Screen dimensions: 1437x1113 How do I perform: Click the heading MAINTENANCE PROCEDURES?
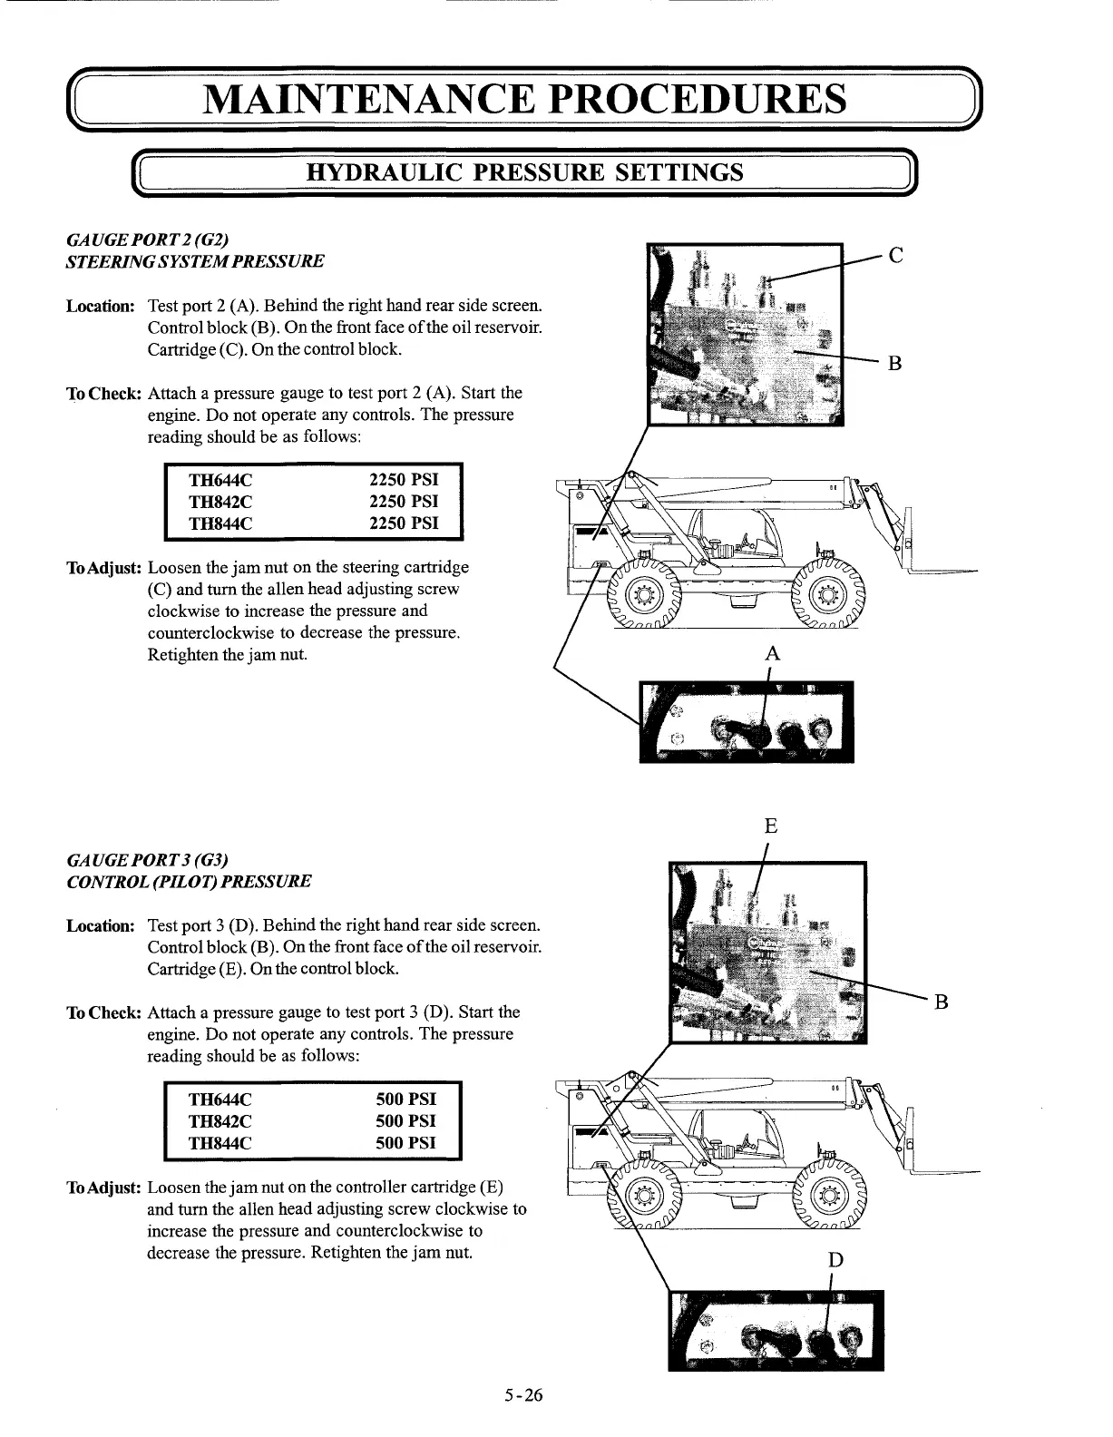point(525,99)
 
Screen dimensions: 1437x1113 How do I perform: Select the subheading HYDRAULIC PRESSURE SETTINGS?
point(525,172)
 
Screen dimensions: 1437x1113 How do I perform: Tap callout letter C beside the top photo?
point(895,255)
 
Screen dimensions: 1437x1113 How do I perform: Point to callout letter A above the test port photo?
point(772,653)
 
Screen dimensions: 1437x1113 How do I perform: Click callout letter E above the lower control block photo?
point(770,826)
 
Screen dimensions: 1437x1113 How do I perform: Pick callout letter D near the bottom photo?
point(835,1260)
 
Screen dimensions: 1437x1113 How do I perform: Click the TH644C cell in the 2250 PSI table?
point(220,480)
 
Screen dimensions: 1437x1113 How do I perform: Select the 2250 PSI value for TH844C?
point(404,523)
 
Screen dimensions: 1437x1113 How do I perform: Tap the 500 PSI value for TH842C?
point(405,1121)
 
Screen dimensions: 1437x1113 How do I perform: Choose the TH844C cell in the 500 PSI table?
point(220,1143)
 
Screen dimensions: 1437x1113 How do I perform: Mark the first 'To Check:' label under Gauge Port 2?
point(103,394)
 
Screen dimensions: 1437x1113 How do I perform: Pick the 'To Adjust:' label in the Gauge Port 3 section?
point(103,1188)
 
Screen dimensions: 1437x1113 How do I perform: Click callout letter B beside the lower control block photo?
point(941,1002)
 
